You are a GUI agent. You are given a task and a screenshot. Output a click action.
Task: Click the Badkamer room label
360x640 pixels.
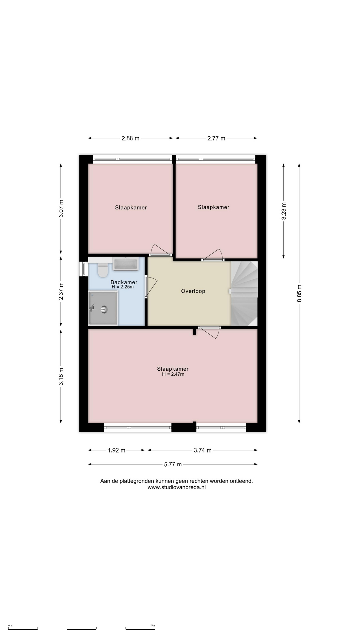click(x=124, y=282)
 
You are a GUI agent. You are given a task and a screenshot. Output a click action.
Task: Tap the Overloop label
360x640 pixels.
click(x=193, y=291)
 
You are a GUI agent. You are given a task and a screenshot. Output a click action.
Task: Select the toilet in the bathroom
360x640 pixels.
click(x=103, y=270)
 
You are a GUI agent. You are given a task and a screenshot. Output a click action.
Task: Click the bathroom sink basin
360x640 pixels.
click(x=126, y=264)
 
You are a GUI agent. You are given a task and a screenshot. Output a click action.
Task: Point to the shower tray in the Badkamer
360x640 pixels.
click(x=103, y=308)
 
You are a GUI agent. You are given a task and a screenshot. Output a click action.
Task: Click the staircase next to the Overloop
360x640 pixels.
click(x=244, y=294)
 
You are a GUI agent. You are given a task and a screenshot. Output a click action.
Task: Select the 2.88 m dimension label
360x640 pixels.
click(x=130, y=138)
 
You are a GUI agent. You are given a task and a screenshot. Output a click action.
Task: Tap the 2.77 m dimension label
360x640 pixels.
click(x=216, y=138)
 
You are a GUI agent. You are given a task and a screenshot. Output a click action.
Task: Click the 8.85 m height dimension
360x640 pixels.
click(x=299, y=293)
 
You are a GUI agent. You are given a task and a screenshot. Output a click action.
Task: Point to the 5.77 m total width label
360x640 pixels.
click(x=173, y=464)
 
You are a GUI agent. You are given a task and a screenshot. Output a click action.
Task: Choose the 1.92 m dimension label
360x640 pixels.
click(x=116, y=450)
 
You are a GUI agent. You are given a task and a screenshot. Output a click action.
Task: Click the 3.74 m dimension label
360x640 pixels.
click(x=203, y=450)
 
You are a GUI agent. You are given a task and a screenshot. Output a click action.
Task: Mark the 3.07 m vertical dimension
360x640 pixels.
click(x=61, y=208)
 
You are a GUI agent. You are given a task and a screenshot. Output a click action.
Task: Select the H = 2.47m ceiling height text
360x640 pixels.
click(x=173, y=374)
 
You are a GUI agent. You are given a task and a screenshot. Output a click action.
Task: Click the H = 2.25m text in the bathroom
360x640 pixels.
click(x=123, y=287)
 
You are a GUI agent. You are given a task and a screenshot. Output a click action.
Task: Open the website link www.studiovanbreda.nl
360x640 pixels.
click(x=177, y=487)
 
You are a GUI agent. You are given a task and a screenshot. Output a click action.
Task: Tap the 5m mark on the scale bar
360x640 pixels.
click(x=153, y=626)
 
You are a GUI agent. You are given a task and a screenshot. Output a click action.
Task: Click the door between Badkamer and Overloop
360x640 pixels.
click(x=150, y=286)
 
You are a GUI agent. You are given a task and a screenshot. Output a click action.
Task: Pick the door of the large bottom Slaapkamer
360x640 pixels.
click(x=209, y=332)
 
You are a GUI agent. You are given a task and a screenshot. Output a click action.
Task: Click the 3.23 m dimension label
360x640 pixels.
click(x=284, y=211)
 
